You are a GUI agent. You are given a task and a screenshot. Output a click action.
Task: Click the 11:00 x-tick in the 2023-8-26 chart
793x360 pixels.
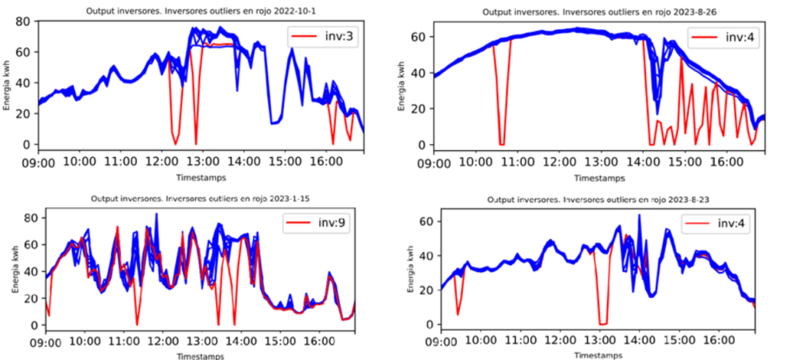517,163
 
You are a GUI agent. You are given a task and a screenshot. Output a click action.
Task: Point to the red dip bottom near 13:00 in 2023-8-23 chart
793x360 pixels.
602,324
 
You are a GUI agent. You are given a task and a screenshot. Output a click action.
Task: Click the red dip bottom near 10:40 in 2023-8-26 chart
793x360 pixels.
502,145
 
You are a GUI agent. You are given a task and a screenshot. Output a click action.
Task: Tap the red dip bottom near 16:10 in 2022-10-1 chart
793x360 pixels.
333,143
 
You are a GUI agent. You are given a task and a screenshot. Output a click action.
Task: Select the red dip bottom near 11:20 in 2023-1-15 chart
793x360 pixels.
137,324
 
